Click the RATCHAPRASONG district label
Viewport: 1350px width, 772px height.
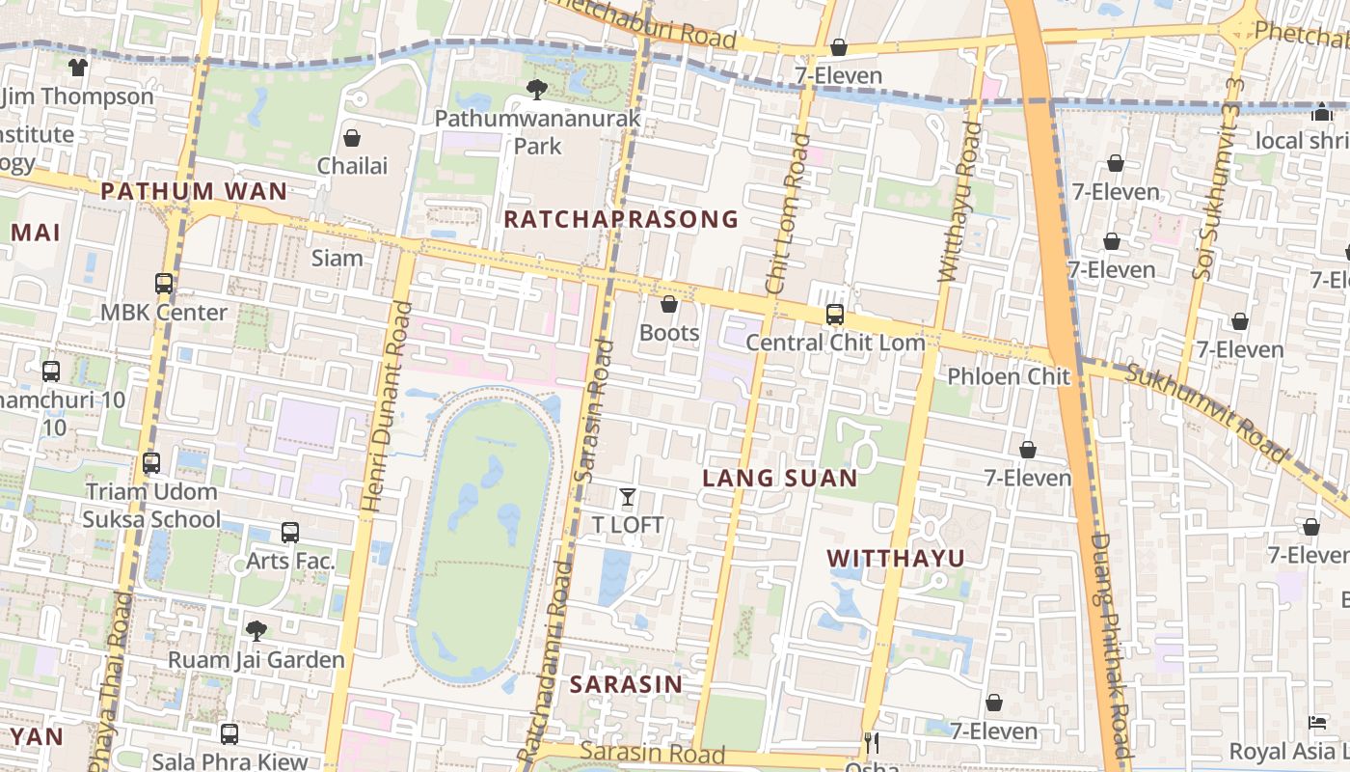coord(621,219)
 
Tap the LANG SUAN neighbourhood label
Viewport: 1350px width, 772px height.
coord(779,478)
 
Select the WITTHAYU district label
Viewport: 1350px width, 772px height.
coord(896,558)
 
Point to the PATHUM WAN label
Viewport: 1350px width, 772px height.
coord(194,191)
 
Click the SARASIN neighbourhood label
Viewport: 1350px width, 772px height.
coord(626,684)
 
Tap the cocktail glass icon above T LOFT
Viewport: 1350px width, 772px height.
coord(628,497)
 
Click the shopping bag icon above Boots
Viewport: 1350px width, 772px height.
coord(669,305)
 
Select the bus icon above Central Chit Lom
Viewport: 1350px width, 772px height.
coord(835,315)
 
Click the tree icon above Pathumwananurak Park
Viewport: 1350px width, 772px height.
coord(537,90)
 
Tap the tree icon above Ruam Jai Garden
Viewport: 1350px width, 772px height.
coord(256,631)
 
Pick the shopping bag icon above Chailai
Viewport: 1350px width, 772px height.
coord(352,138)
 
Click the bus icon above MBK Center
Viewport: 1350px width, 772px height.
coord(164,284)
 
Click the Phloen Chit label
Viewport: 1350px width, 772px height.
coord(1009,376)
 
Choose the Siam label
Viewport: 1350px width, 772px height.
coord(337,258)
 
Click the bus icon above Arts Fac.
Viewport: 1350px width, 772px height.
coord(290,532)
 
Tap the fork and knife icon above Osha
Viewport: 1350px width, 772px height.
coord(872,742)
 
